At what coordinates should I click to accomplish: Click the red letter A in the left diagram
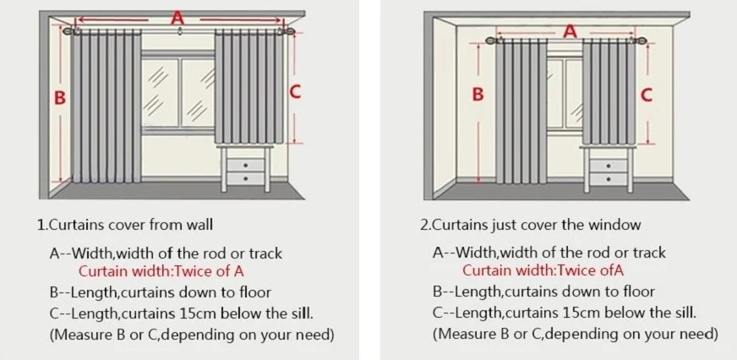click(176, 16)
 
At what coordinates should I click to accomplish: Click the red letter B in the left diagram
click(59, 97)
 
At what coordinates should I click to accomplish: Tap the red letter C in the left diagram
click(295, 92)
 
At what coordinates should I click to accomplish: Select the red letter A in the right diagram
click(570, 31)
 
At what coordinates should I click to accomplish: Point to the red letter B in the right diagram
click(478, 95)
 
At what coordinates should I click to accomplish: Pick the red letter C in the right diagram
click(647, 95)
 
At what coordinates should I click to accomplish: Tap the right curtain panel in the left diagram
click(245, 89)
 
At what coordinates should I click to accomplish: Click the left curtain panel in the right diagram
click(518, 114)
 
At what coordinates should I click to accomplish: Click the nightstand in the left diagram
click(246, 169)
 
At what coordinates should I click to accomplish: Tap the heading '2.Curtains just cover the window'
click(531, 226)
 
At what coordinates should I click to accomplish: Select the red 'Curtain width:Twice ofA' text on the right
click(543, 271)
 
